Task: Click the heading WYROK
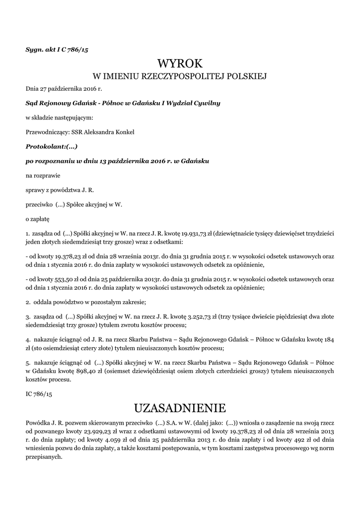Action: pos(180,63)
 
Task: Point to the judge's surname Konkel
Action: pos(123,132)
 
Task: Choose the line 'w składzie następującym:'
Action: pos(59,118)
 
